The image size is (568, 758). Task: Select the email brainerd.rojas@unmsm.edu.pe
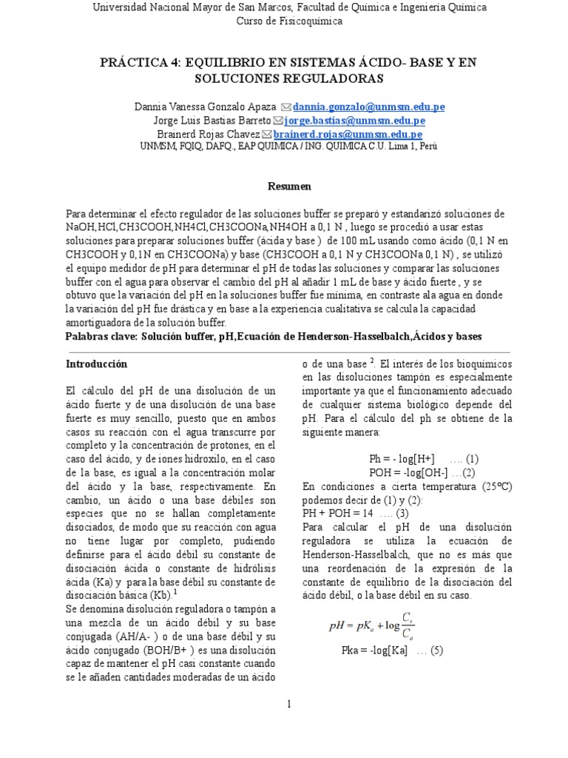pos(348,134)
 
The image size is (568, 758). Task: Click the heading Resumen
pos(289,186)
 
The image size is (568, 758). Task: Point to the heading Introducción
pos(96,364)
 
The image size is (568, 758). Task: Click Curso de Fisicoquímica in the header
pos(289,21)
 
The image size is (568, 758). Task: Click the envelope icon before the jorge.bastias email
pos(277,121)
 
